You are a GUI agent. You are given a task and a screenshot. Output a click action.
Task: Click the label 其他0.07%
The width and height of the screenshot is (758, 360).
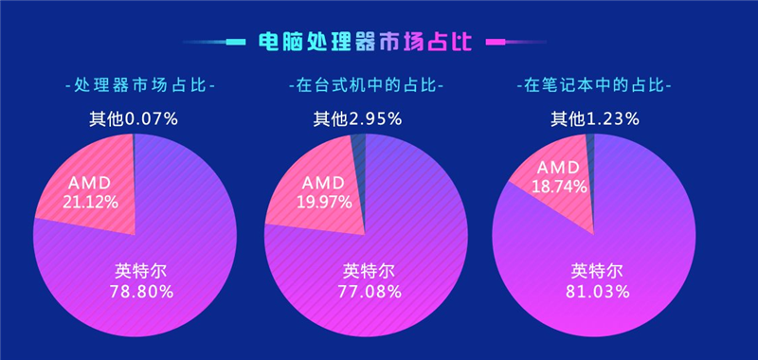click(x=134, y=119)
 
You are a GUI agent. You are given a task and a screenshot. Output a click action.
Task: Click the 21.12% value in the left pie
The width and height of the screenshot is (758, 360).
click(x=91, y=201)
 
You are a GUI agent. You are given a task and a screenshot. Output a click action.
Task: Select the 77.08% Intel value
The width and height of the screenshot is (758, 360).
click(x=370, y=291)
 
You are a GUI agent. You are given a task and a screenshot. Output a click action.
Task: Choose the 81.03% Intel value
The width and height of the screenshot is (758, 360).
click(x=598, y=291)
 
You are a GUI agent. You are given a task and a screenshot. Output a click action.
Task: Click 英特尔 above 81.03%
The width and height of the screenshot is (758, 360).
click(x=598, y=270)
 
